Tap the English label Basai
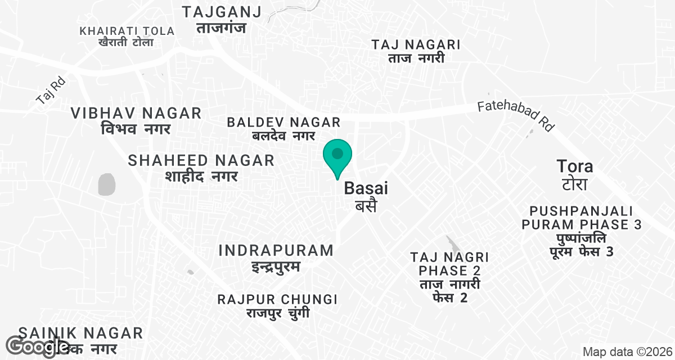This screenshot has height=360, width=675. click(366, 188)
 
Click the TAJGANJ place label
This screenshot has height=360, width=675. click(222, 12)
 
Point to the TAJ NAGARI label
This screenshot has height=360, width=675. click(416, 45)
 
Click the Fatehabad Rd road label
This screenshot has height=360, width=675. click(516, 116)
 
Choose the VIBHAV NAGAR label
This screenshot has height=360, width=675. click(136, 113)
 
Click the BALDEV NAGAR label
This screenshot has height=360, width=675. click(283, 122)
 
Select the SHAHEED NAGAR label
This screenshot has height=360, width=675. click(201, 160)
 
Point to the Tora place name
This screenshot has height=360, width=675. click(574, 166)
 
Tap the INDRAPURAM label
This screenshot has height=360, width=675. click(276, 250)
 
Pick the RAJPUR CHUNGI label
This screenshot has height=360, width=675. click(277, 299)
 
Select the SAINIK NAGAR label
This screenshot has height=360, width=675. click(80, 333)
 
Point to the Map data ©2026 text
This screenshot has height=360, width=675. click(626, 352)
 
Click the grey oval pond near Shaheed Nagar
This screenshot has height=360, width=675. click(106, 184)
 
